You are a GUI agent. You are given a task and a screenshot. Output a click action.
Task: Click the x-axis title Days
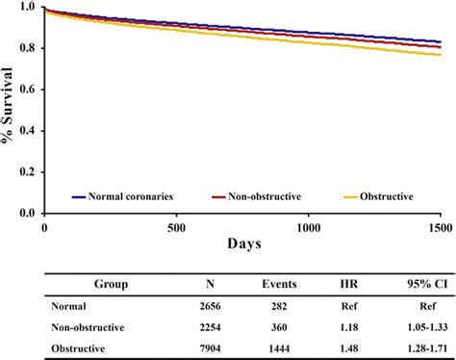click(x=243, y=245)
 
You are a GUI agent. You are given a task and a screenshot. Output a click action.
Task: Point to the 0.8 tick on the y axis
click(x=28, y=48)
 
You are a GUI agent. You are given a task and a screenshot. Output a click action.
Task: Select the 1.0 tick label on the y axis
click(x=28, y=8)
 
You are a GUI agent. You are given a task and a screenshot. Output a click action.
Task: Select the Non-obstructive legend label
click(x=262, y=196)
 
